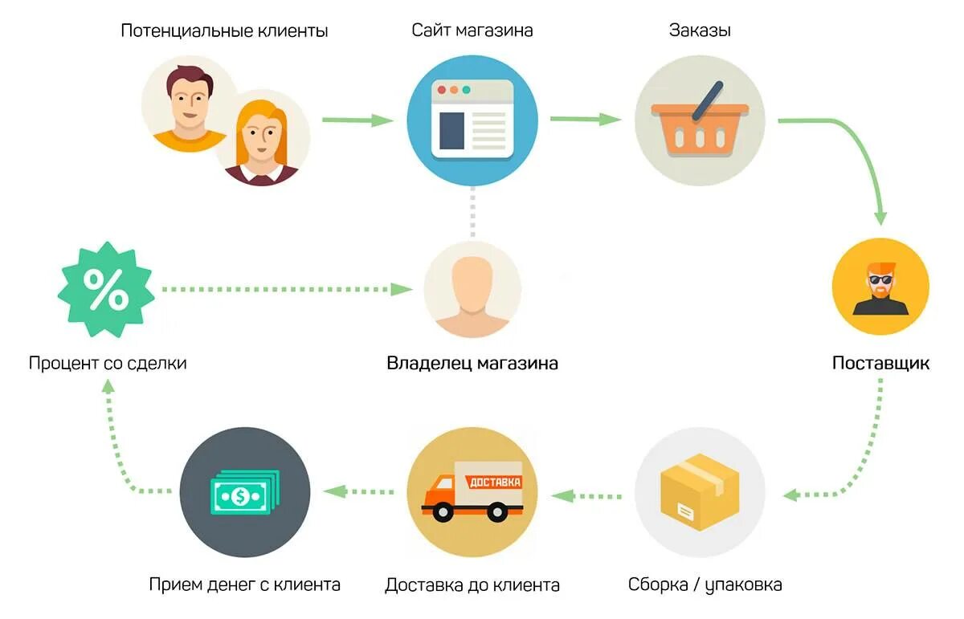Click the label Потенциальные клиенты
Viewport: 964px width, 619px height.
[224, 31]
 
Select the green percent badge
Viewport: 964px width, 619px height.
[106, 291]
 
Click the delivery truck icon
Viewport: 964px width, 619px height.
[472, 491]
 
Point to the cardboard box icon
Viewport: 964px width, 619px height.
[698, 492]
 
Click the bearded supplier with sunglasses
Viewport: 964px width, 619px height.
[880, 287]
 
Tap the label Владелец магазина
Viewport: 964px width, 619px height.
[472, 363]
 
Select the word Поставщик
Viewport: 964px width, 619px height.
[880, 363]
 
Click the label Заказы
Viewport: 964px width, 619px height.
[700, 31]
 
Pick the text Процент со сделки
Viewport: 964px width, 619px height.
[108, 363]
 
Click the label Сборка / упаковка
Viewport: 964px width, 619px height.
[705, 584]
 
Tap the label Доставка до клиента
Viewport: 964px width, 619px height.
[472, 584]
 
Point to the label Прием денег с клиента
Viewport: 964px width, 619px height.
[245, 584]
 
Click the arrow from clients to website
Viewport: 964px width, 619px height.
[357, 120]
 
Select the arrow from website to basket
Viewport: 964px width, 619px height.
[586, 120]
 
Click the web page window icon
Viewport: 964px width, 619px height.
[472, 119]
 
